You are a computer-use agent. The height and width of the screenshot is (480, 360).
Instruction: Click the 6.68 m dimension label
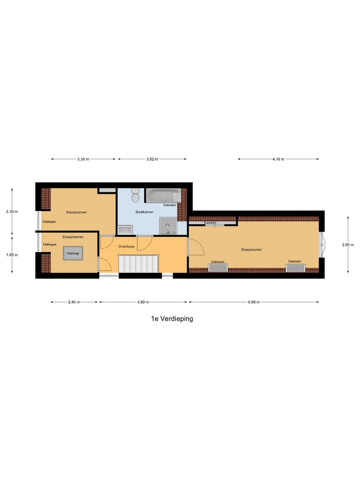(x=253, y=302)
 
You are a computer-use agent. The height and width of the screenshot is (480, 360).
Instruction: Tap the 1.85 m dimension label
(x=12, y=255)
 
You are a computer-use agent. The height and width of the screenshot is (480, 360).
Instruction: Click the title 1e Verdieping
(x=172, y=319)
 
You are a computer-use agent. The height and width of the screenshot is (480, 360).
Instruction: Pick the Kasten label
(x=210, y=223)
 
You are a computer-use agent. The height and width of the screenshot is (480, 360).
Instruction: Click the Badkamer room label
(x=144, y=212)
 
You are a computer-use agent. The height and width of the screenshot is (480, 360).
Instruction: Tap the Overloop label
(x=127, y=246)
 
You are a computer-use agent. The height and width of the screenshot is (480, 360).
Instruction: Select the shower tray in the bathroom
(x=168, y=226)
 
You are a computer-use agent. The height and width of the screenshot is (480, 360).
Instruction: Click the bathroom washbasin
(x=125, y=230)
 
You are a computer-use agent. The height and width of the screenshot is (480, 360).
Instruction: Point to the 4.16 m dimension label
(x=278, y=159)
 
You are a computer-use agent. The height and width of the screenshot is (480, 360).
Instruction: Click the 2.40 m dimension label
(x=75, y=302)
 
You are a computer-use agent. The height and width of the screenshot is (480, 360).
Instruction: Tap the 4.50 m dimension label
(x=143, y=302)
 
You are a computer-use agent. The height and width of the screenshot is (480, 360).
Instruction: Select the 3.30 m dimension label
(x=83, y=159)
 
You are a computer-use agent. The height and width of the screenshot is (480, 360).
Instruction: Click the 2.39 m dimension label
(x=12, y=211)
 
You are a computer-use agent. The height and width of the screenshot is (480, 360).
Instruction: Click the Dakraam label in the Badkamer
(x=170, y=205)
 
